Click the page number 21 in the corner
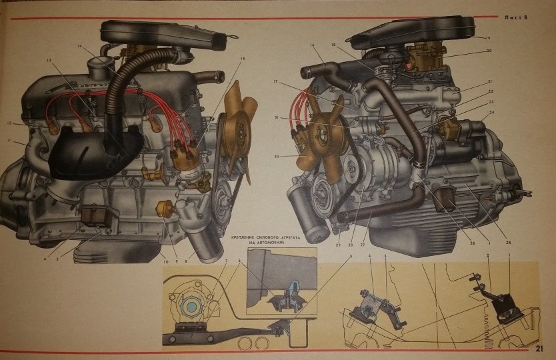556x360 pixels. pyautogui.click(x=540, y=348)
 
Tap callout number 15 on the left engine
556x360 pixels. pyautogui.click(x=243, y=59)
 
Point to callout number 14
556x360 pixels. pyautogui.click(x=79, y=46)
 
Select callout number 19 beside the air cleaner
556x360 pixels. pyautogui.click(x=487, y=37)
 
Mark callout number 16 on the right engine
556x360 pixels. pyautogui.click(x=311, y=45)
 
